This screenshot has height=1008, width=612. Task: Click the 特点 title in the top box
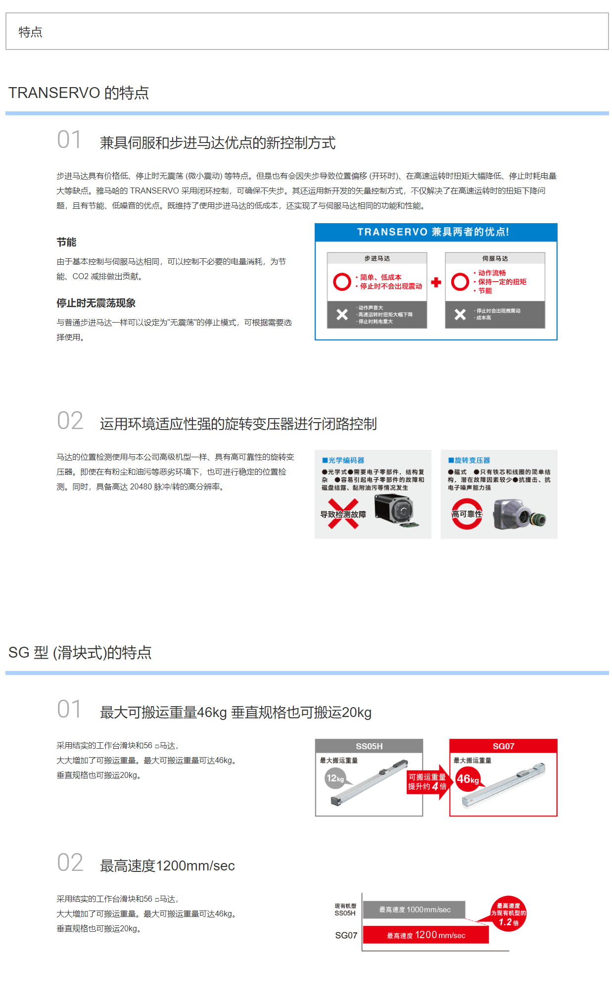(30, 32)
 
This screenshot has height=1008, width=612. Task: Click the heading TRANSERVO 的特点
(79, 93)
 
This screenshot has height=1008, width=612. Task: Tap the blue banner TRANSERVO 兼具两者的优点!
(436, 232)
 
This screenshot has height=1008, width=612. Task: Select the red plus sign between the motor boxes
(436, 282)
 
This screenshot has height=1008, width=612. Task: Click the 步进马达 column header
(377, 258)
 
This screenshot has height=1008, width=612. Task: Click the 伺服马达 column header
(495, 258)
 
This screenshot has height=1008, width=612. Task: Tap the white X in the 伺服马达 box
(460, 314)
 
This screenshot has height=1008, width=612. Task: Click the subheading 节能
(66, 242)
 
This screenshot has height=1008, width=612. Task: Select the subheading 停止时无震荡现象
(96, 303)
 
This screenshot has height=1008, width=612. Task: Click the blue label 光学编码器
(343, 460)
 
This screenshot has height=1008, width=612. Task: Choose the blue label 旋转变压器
(469, 460)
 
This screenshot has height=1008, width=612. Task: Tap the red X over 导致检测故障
(343, 514)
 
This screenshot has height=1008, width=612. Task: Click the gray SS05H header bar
(369, 746)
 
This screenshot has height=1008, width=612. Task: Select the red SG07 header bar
(503, 746)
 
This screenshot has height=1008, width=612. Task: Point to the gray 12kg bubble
(334, 778)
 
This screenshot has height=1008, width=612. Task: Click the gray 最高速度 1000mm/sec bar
(414, 910)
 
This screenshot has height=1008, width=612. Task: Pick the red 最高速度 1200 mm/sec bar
(426, 935)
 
